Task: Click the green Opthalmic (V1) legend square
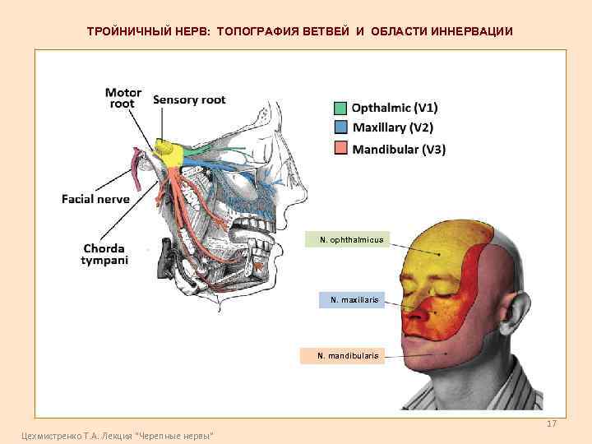point(340,108)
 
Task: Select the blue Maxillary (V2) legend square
point(340,127)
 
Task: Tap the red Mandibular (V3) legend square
point(340,148)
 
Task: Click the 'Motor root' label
point(123,99)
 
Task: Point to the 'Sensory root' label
point(189,100)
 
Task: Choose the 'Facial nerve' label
point(95,198)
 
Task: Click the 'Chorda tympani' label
point(104,254)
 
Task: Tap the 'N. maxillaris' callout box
point(354,300)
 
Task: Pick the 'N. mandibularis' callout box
point(349,355)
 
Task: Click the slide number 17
point(552,423)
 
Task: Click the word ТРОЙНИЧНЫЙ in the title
point(129,31)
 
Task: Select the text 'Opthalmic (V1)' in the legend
point(395,108)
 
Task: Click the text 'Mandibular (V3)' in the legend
point(399,149)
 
